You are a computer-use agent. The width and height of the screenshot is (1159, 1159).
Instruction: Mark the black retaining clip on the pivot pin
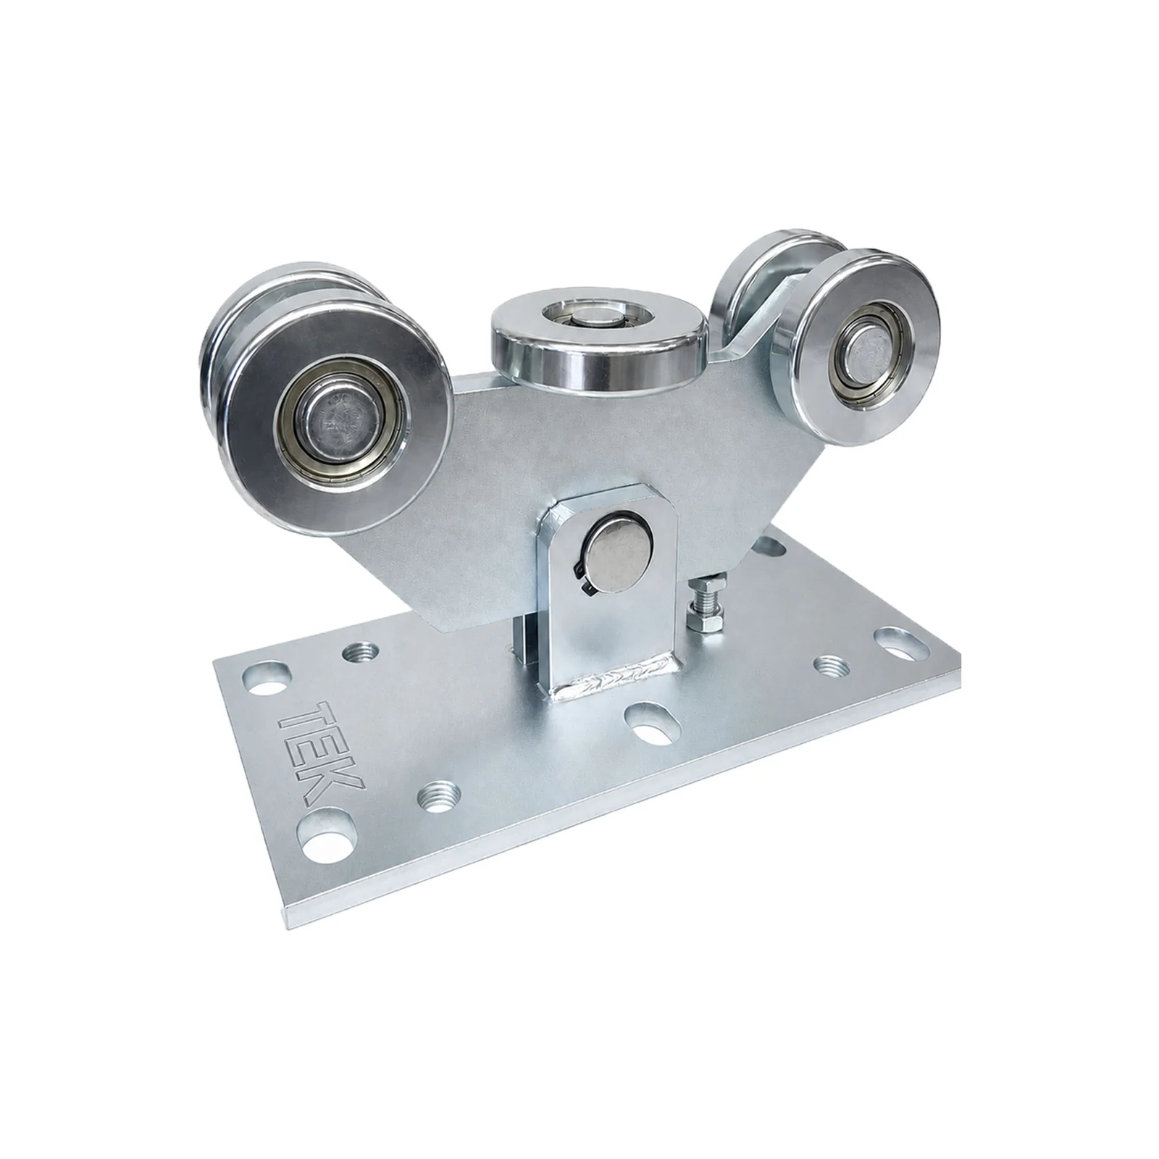tap(584, 572)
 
